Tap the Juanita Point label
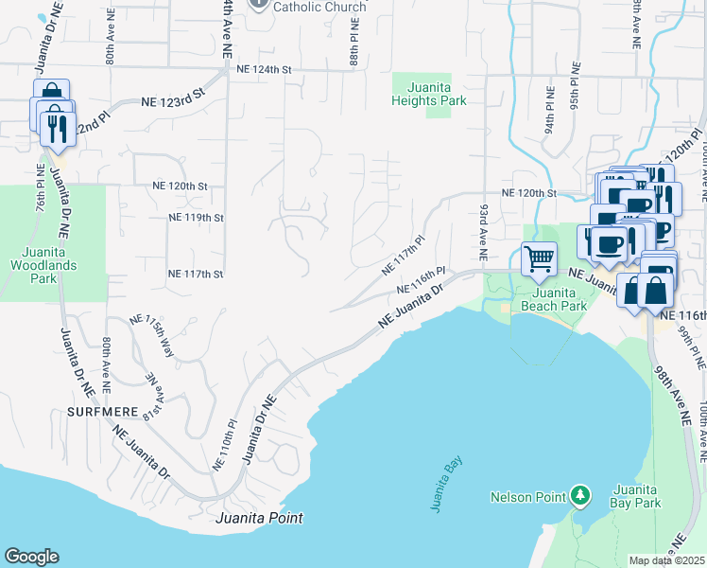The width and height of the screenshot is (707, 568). [259, 518]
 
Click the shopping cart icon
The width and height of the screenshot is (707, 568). [539, 257]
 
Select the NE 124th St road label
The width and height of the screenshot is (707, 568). [265, 69]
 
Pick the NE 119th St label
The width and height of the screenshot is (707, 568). [196, 217]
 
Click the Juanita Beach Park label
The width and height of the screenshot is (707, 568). [553, 298]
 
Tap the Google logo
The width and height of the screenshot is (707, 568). [31, 557]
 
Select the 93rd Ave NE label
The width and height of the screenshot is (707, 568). [483, 231]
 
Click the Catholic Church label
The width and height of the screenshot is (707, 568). [319, 7]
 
